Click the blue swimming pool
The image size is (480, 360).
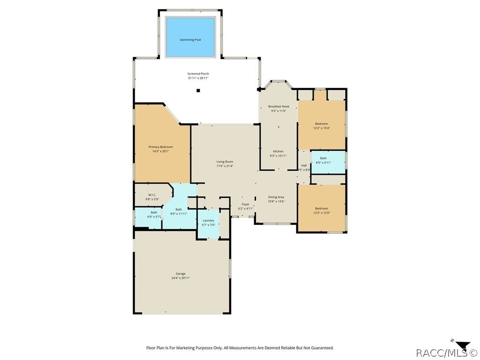pyautogui.click(x=190, y=37)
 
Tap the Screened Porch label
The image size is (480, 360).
pyautogui.click(x=198, y=74)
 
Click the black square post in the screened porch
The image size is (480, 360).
pyautogui.click(x=198, y=90)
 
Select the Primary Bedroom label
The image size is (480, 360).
pyautogui.click(x=161, y=147)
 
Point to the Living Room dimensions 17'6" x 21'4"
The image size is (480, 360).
pyautogui.click(x=225, y=166)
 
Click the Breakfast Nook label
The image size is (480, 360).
pyautogui.click(x=278, y=106)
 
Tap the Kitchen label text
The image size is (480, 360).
pyautogui.click(x=278, y=151)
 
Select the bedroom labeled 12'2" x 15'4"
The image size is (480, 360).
pyautogui.click(x=322, y=126)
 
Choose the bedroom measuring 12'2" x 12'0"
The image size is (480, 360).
pyautogui.click(x=322, y=210)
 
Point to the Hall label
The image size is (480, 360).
pyautogui.click(x=304, y=165)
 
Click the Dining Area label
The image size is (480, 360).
pyautogui.click(x=276, y=197)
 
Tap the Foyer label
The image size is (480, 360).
pyautogui.click(x=246, y=204)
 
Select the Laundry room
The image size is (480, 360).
pyautogui.click(x=209, y=223)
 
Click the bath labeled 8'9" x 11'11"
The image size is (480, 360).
pyautogui.click(x=179, y=211)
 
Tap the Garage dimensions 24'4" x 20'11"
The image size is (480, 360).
pyautogui.click(x=180, y=278)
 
